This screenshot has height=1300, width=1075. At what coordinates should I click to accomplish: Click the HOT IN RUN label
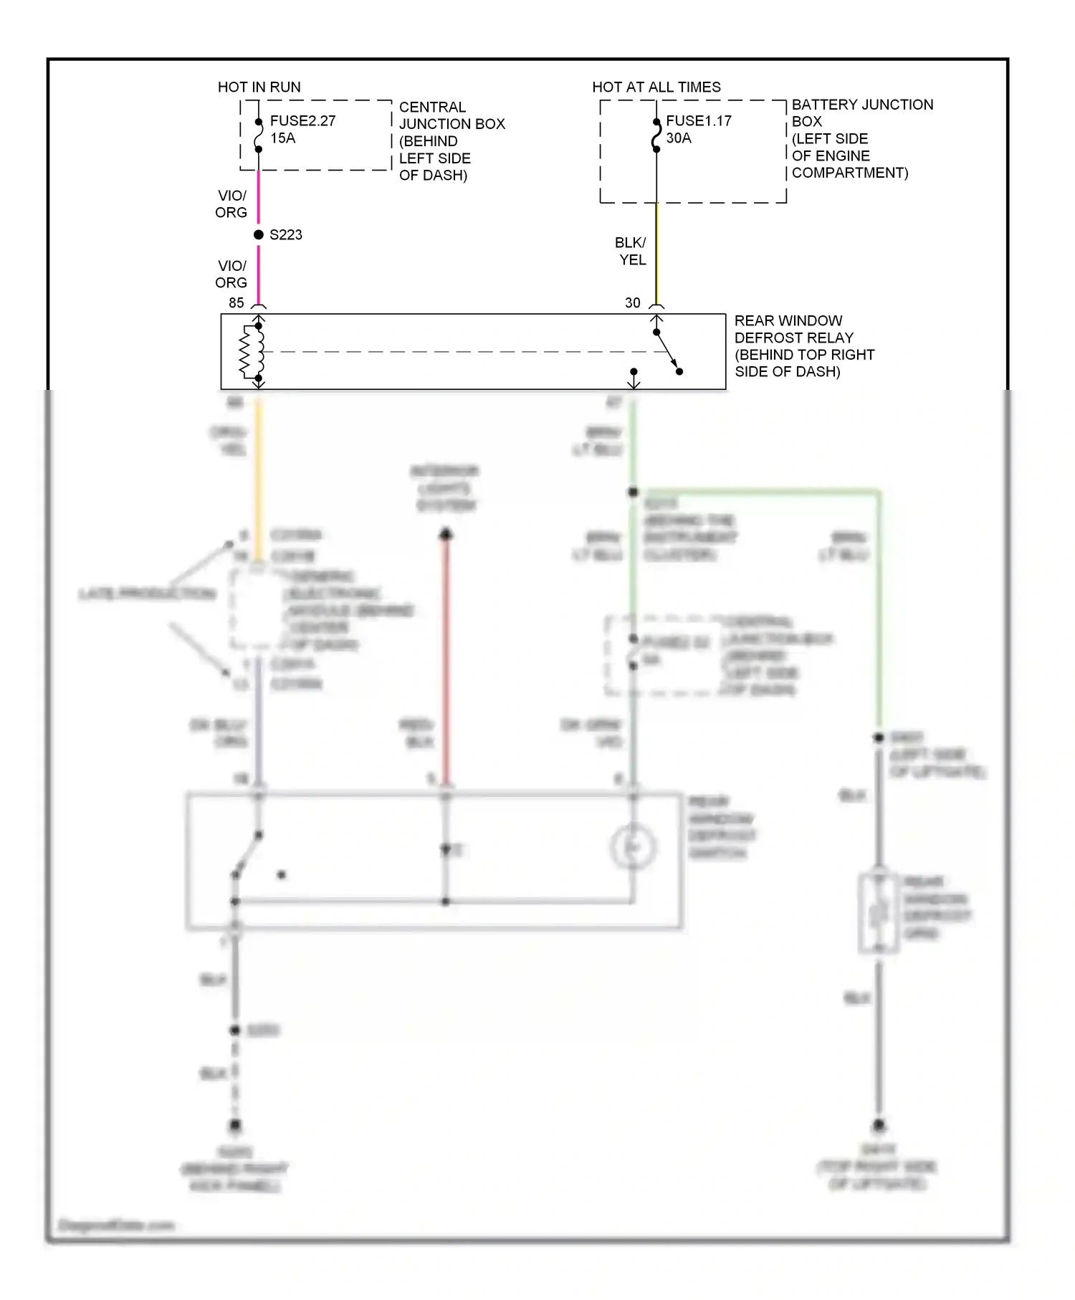pos(259,87)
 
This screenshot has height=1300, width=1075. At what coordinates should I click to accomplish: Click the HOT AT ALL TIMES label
pos(656,87)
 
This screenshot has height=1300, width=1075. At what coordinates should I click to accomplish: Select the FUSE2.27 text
pos(302,121)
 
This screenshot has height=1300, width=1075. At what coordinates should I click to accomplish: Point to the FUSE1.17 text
pos(698,121)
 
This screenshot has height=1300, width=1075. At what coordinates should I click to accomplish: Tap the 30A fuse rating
pos(678,138)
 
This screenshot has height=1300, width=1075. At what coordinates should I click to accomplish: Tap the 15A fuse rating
pos(282,138)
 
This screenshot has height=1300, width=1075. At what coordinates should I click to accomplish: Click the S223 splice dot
pos(259,235)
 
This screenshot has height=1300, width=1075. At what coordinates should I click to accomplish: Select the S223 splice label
pos(285,235)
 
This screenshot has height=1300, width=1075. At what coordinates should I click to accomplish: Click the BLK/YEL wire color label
pos(631,252)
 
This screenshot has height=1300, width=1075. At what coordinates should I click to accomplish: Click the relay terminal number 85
pos(236,303)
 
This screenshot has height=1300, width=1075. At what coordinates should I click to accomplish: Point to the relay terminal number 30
pos(632,303)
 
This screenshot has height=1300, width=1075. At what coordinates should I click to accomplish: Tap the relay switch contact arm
pos(666,353)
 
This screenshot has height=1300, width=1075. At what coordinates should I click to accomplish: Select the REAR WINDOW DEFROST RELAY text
pos(803,346)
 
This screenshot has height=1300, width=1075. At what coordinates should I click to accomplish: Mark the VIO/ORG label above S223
pos(231,204)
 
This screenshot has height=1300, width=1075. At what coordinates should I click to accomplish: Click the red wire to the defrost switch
pos(446,659)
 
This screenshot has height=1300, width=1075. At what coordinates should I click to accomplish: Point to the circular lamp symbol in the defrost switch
pos(633,848)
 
